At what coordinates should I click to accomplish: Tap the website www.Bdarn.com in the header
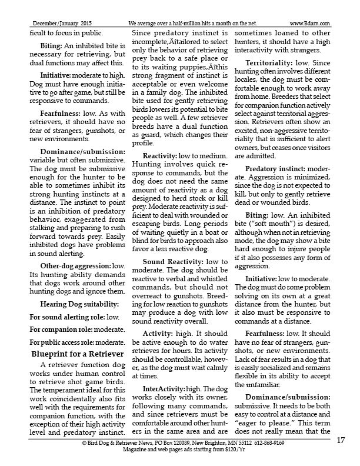[309, 24]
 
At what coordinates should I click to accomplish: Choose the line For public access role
[76, 342]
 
